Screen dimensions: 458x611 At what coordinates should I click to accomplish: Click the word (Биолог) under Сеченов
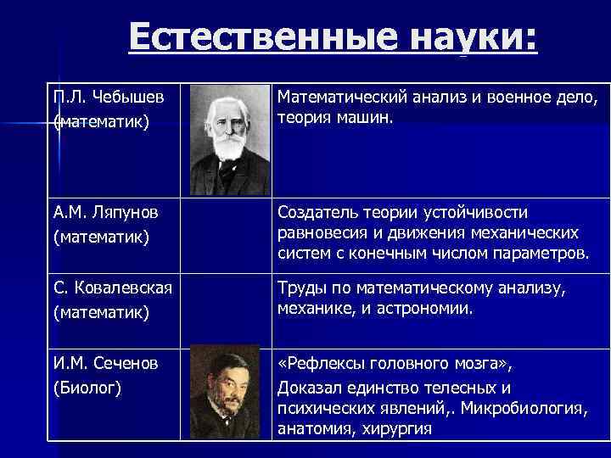point(87,388)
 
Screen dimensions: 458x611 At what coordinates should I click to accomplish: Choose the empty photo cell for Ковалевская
point(227,309)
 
